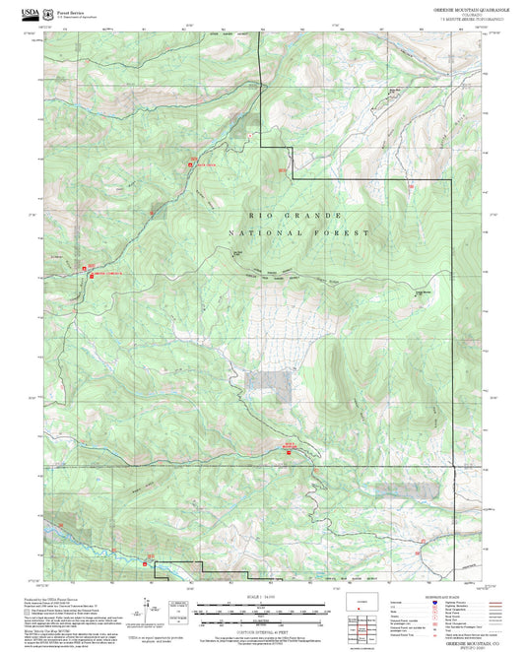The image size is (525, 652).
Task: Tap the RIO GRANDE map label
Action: tap(295, 214)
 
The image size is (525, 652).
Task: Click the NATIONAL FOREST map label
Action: tap(298, 233)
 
